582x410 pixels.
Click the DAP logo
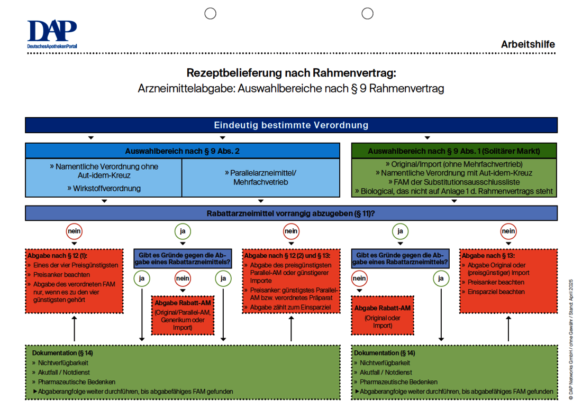click(x=52, y=34)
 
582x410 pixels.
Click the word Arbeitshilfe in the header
click(x=528, y=44)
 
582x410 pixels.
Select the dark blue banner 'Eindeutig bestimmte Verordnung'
click(x=291, y=125)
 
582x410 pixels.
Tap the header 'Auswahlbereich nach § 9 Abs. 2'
click(x=183, y=151)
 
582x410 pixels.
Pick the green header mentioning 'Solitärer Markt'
click(x=454, y=151)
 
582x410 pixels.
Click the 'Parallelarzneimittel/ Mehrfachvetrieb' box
click(x=260, y=177)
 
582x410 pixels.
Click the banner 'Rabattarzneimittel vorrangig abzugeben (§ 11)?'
click(x=291, y=213)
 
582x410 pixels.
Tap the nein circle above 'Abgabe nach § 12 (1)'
click(x=74, y=231)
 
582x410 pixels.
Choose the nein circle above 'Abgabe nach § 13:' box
click(x=508, y=231)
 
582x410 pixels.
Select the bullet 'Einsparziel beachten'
click(x=496, y=292)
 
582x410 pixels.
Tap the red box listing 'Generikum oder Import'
click(x=183, y=315)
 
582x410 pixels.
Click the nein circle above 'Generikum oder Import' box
click(x=183, y=278)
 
